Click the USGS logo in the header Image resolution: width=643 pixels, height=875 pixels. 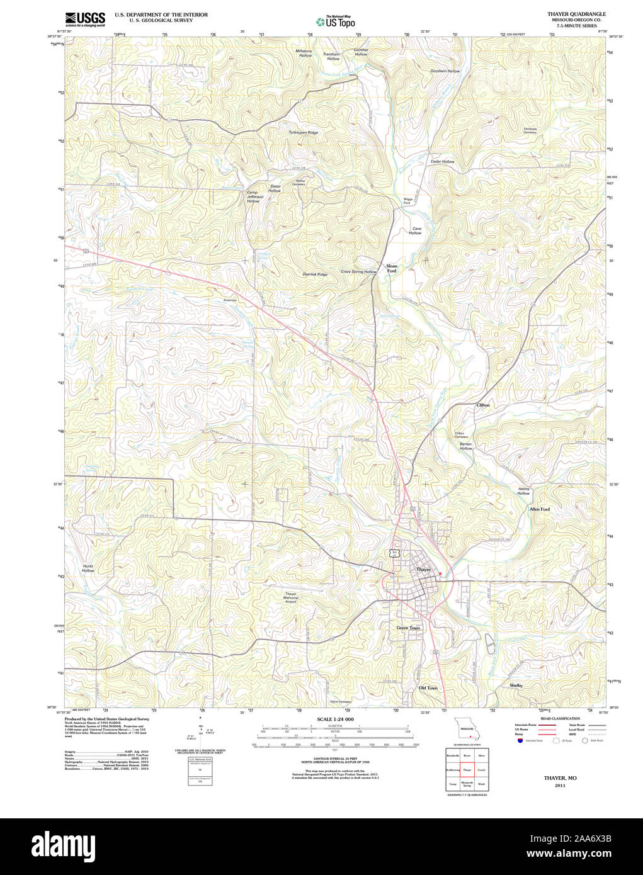point(85,18)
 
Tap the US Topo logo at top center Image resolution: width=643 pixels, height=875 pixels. point(336,22)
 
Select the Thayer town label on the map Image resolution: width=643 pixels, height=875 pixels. point(423,569)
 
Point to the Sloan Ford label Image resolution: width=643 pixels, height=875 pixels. point(392,268)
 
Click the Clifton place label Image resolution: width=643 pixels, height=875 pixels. point(483,405)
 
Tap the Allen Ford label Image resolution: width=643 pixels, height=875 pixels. point(539,509)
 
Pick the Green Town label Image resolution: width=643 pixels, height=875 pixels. point(408,628)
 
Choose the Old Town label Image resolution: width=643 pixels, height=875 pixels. point(428,688)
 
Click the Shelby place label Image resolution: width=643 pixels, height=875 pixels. point(516,685)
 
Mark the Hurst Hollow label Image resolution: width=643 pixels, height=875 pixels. point(88,568)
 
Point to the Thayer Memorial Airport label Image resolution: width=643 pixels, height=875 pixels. point(290,597)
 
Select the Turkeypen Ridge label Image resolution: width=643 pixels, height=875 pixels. point(304,133)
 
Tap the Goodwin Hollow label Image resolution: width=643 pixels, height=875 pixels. point(445,71)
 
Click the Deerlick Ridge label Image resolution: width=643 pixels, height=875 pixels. point(315,274)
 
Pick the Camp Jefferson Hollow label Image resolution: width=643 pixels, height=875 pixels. point(253,196)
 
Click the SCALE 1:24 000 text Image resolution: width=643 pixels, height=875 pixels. point(335,719)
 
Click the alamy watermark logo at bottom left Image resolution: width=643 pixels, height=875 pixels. point(63,845)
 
